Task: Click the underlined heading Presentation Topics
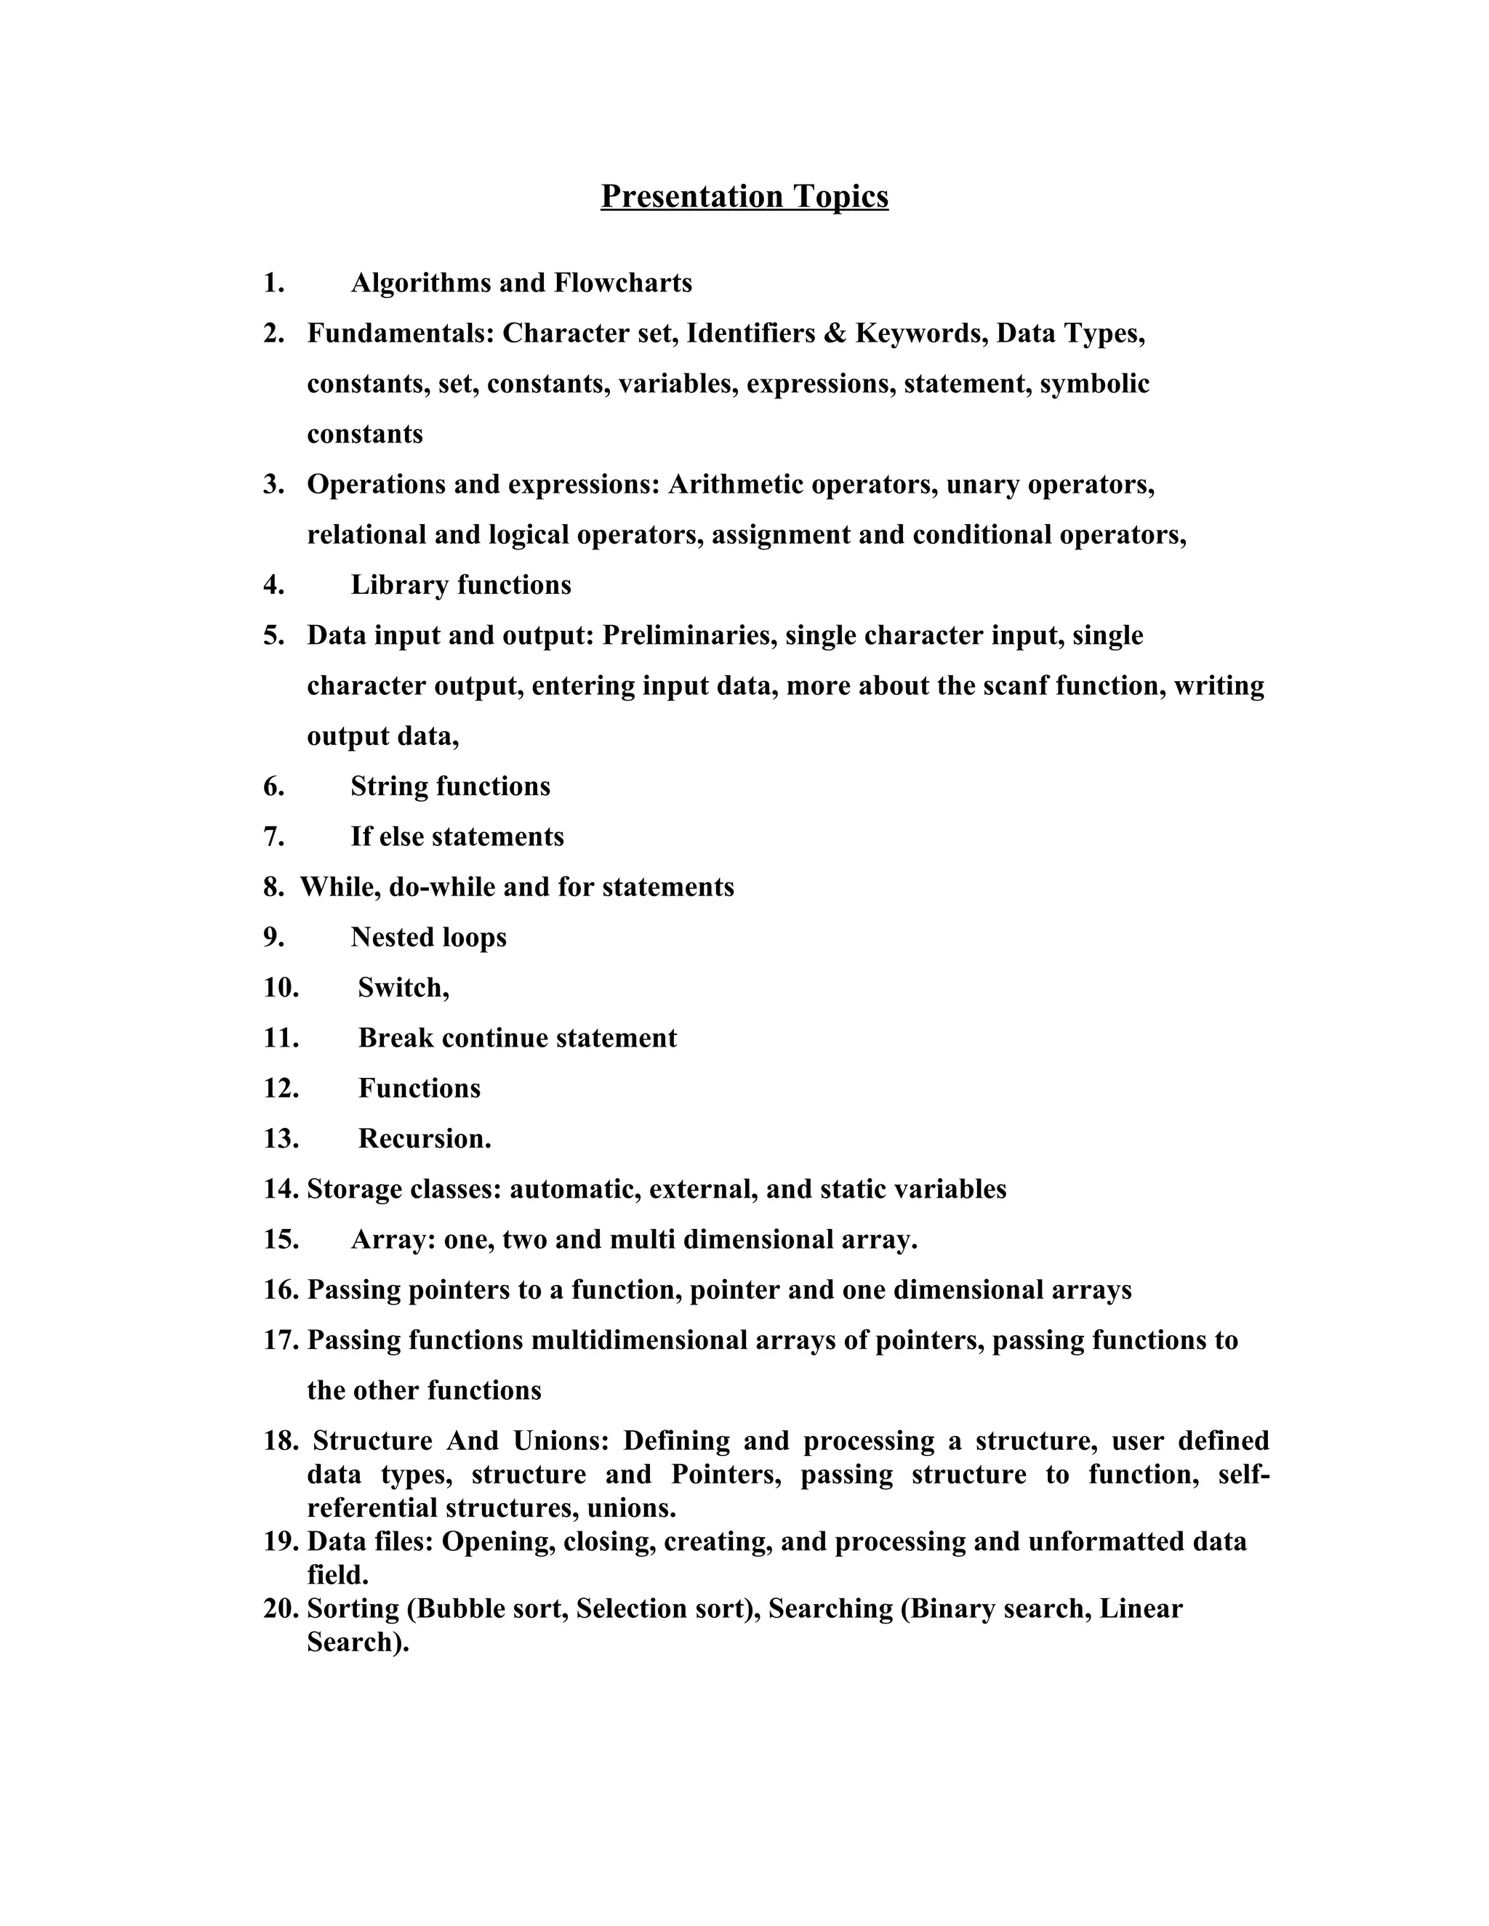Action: click(x=744, y=196)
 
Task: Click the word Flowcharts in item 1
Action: click(x=623, y=283)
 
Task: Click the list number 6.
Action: click(x=273, y=786)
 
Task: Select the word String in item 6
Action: click(x=389, y=786)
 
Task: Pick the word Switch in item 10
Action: click(x=401, y=987)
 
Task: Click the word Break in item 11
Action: click(x=396, y=1037)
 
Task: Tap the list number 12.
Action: click(x=281, y=1087)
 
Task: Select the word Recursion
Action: click(x=422, y=1138)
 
